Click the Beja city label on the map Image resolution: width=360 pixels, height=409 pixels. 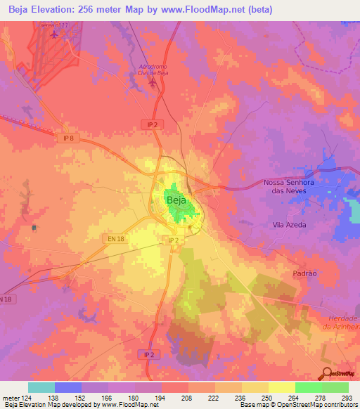(x=176, y=200)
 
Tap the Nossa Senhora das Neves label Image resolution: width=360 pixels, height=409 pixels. (x=290, y=186)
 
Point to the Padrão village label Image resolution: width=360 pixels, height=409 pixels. (x=305, y=271)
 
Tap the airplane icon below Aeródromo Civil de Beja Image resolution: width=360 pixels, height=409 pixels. (x=153, y=83)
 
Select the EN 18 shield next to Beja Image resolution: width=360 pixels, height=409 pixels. (x=117, y=239)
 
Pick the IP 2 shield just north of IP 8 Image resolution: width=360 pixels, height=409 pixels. (x=152, y=124)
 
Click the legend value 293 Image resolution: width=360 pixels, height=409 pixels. (x=347, y=398)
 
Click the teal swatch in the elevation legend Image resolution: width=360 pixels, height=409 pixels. (x=41, y=387)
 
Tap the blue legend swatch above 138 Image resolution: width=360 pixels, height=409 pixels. (x=68, y=387)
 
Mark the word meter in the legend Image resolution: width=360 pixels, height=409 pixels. (x=11, y=398)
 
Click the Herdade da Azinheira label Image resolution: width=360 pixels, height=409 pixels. (x=340, y=322)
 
